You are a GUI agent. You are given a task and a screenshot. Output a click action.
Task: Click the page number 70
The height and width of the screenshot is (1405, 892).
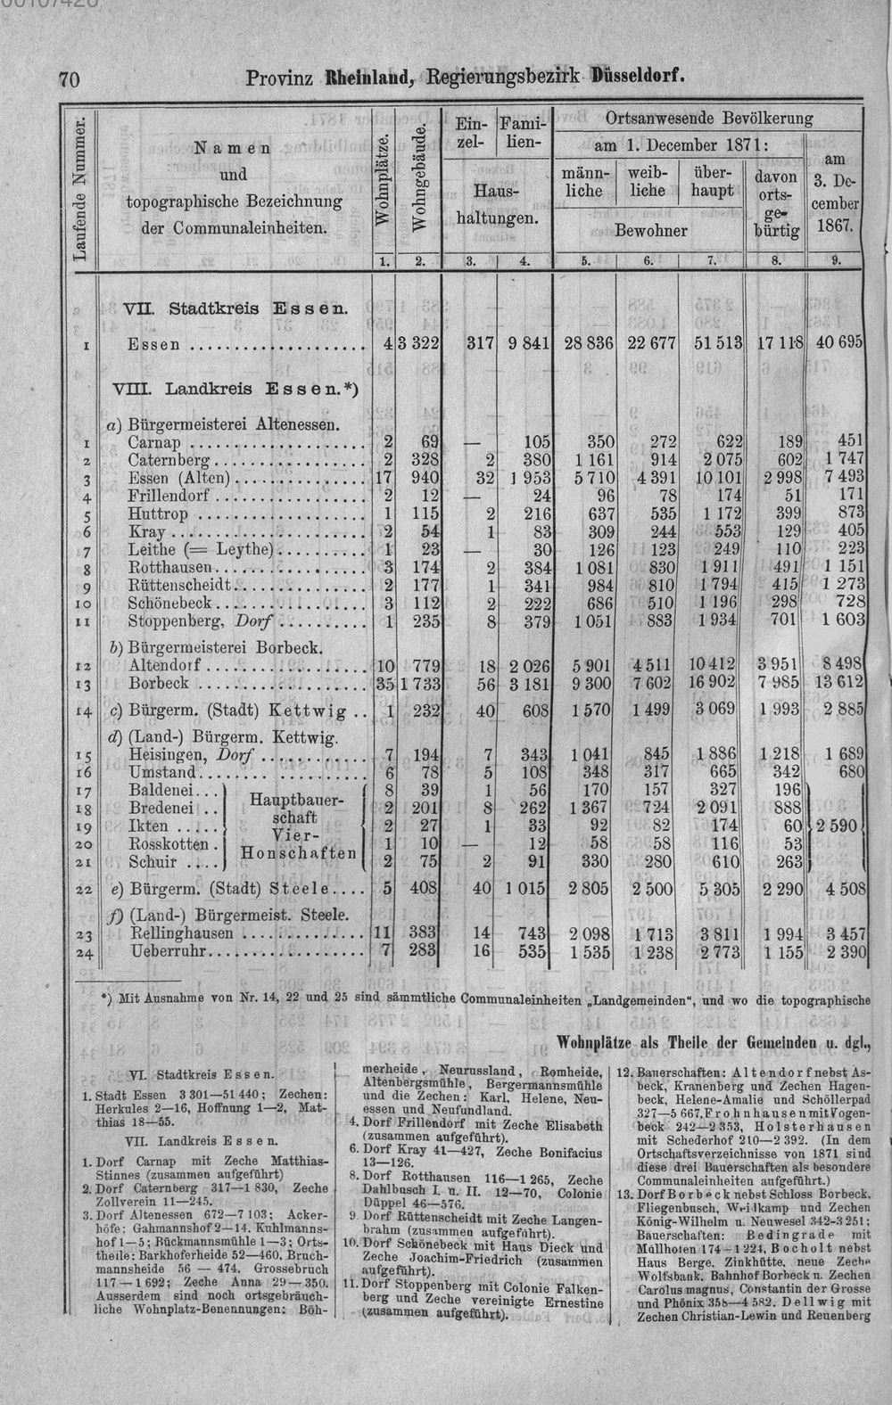(69, 78)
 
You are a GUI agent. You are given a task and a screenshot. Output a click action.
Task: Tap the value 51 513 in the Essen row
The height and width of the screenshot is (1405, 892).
(718, 343)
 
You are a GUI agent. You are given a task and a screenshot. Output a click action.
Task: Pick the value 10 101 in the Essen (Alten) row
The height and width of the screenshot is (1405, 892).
(718, 480)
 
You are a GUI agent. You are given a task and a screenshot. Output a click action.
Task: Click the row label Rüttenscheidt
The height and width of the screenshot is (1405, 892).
(180, 585)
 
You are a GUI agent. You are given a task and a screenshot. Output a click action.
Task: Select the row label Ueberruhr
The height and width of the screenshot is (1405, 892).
(168, 951)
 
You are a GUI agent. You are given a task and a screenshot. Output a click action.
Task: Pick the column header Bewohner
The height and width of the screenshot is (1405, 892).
(650, 230)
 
